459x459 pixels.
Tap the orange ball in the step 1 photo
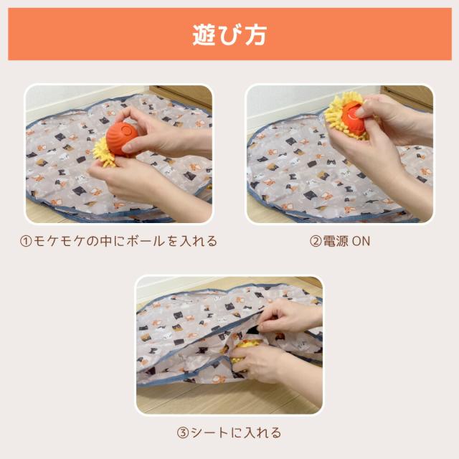[120, 136]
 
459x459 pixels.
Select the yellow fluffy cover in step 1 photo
[105, 151]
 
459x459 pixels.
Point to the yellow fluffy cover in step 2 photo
[338, 115]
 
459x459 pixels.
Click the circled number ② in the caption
[315, 242]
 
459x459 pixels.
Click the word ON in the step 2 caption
[361, 242]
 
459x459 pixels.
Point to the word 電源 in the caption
[336, 242]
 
